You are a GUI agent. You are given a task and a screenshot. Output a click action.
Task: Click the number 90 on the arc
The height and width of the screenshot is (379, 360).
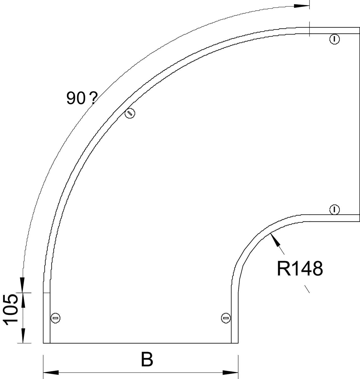[x=76, y=98]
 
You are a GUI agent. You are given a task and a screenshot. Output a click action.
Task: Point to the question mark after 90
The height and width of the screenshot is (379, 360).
[x=93, y=98]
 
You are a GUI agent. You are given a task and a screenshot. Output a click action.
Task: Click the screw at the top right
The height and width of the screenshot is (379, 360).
[x=334, y=39]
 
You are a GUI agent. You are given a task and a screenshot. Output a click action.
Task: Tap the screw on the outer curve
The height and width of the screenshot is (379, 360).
[x=130, y=113]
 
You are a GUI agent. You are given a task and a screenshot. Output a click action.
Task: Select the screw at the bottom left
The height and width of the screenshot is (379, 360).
[x=56, y=318]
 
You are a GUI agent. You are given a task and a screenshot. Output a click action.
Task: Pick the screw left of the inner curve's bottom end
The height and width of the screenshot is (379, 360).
[x=226, y=318]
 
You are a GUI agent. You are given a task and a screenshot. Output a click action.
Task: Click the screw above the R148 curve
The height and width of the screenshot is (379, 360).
[x=334, y=209]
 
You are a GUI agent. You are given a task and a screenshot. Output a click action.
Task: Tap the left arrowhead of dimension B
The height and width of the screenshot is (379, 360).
[x=51, y=372]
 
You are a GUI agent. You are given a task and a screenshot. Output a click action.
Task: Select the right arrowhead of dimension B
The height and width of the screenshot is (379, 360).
[x=230, y=372]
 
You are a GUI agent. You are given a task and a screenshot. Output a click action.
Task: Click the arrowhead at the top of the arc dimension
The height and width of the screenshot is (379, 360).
[x=302, y=6]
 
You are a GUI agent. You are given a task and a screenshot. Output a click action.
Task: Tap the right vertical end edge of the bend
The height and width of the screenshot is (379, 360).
[x=359, y=124]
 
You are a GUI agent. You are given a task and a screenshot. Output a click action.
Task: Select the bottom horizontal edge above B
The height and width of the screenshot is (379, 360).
[x=140, y=343]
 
